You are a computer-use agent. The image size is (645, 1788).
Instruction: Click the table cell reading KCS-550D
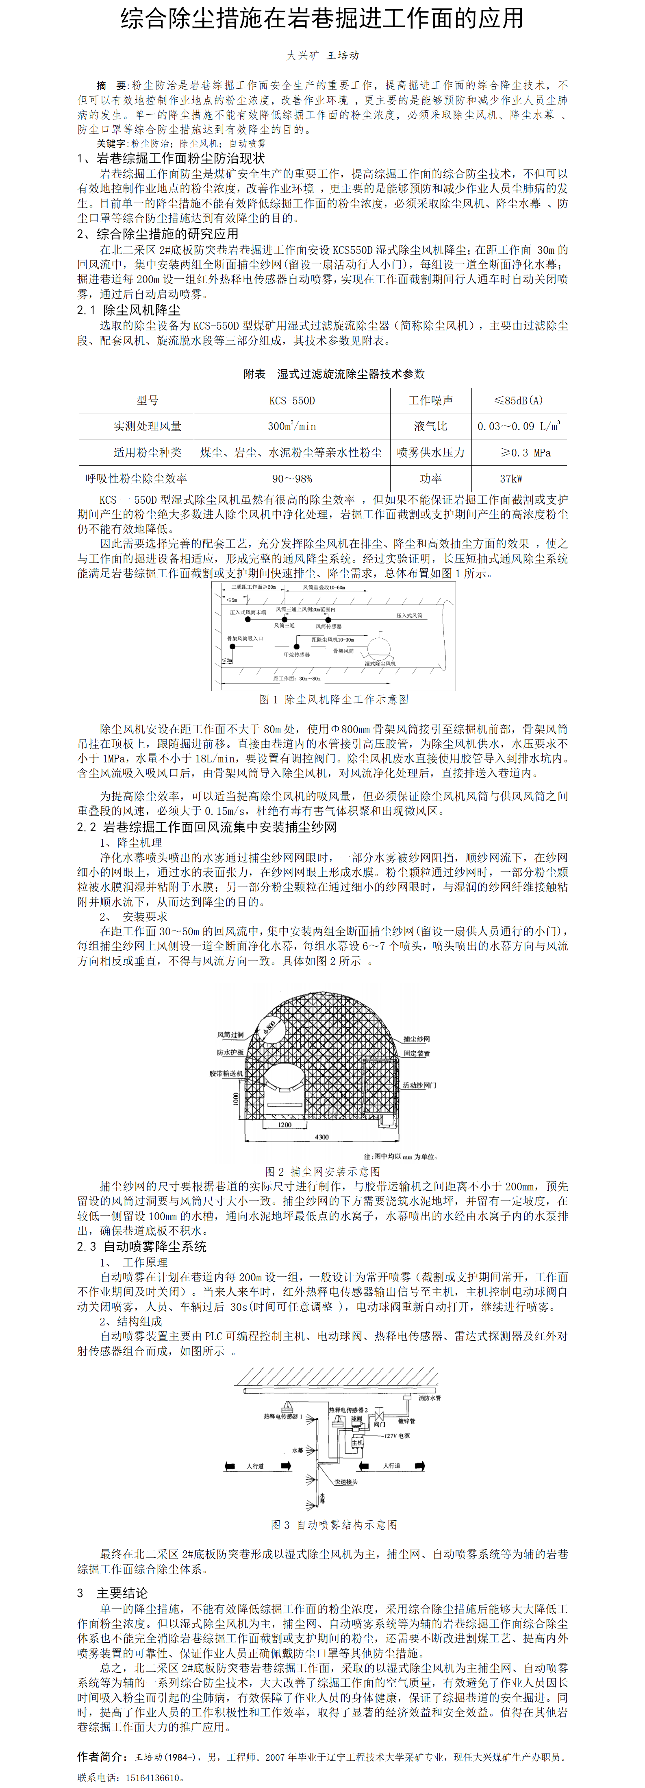[291, 400]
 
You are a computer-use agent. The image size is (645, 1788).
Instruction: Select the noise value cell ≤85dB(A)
[518, 400]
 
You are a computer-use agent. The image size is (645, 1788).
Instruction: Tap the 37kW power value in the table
[511, 478]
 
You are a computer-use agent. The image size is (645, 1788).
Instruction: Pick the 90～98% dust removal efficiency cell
[291, 478]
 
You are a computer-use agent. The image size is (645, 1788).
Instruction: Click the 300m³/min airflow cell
[291, 426]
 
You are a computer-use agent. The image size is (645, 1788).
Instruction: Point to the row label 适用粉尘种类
[147, 452]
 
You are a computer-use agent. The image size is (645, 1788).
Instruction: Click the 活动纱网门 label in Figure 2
[419, 1085]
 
